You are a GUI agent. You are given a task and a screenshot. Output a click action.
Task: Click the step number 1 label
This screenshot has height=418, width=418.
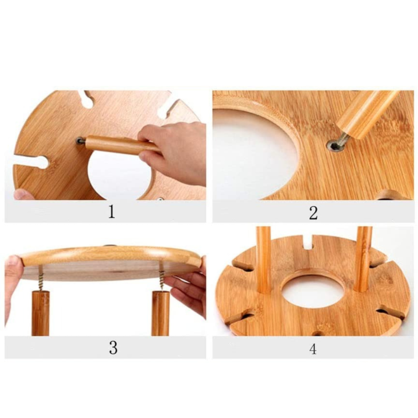112,212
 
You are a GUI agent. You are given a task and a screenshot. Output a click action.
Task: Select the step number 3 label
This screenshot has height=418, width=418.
113,348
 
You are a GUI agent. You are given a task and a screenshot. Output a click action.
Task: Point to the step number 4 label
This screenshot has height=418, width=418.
313,349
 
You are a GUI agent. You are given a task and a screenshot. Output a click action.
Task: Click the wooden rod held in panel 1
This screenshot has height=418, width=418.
122,145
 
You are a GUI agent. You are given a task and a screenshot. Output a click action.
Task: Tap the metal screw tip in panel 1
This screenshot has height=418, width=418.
80,140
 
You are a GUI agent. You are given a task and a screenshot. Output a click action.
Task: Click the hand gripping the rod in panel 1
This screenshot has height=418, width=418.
173,153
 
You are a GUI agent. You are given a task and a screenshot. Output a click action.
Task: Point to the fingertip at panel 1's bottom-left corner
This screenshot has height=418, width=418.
23,195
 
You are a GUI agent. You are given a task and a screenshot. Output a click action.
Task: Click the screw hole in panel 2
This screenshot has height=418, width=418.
334,146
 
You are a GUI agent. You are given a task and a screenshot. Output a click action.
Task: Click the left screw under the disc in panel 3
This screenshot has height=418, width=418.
41,278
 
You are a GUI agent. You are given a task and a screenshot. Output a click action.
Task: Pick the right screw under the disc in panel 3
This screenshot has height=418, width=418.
162,276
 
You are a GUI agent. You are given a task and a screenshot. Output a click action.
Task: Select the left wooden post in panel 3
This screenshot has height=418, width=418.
41,313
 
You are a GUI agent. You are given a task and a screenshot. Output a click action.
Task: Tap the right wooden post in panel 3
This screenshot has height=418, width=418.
161,313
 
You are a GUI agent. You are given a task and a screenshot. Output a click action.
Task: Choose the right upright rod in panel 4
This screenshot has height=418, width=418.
364,259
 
